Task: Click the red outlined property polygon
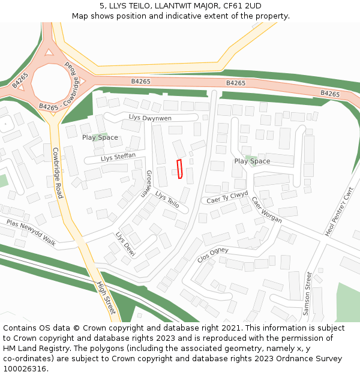[x=179, y=169]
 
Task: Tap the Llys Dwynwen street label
[x=150, y=118]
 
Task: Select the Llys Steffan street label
[x=118, y=157]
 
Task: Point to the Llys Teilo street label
[x=167, y=199]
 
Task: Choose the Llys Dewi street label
[x=125, y=244]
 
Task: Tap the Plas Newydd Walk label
[x=31, y=232]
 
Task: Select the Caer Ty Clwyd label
[x=227, y=197]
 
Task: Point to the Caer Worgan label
[x=266, y=210]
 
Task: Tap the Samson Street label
[x=308, y=292]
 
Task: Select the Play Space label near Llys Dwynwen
[x=100, y=137]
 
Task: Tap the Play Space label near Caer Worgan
[x=252, y=161]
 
